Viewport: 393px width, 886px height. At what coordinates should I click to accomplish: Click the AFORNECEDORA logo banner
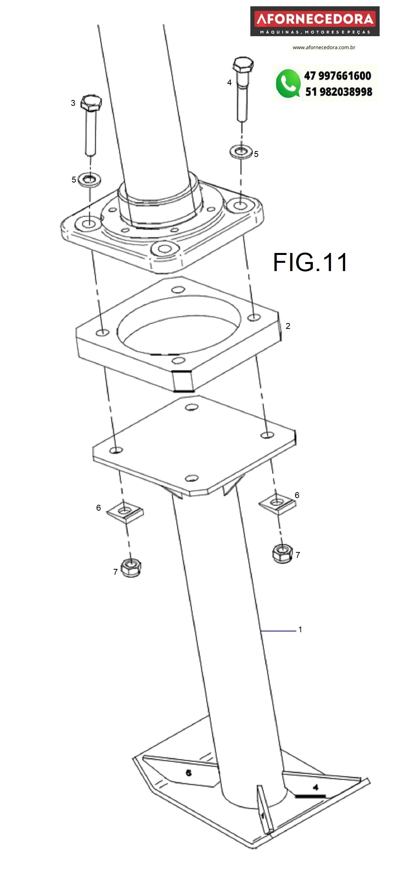(x=315, y=21)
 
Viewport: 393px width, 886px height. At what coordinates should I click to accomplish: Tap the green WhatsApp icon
(x=288, y=83)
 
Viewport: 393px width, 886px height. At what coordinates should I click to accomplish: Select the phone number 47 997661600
(x=337, y=76)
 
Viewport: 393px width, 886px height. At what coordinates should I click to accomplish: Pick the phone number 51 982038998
(x=338, y=92)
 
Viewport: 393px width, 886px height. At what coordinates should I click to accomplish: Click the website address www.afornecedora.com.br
(x=324, y=48)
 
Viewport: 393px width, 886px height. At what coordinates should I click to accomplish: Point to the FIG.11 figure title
(x=310, y=262)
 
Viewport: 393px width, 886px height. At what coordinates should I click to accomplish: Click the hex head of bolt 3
(x=91, y=103)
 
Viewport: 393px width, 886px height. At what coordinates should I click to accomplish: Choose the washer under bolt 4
(x=241, y=151)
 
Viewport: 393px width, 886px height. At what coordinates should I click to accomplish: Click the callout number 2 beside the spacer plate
(x=288, y=326)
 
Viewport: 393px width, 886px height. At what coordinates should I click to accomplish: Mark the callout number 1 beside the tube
(x=300, y=630)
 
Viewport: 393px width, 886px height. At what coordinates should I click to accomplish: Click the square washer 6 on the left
(x=125, y=512)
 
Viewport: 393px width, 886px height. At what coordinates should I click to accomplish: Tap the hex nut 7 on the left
(x=131, y=568)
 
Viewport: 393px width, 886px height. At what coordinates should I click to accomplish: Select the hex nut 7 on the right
(x=282, y=553)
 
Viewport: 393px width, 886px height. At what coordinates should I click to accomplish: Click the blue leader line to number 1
(x=278, y=631)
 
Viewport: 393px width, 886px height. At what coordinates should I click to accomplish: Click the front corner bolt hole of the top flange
(x=165, y=249)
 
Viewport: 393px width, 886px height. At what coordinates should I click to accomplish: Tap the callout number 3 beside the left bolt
(x=73, y=103)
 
